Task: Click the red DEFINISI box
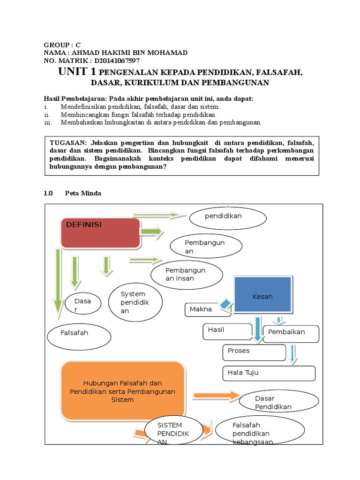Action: click(100, 232)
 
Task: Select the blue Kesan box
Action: click(262, 296)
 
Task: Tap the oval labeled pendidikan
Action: click(228, 217)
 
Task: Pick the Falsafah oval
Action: click(79, 337)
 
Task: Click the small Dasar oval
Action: click(82, 305)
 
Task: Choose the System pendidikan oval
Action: click(135, 302)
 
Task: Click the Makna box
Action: click(203, 309)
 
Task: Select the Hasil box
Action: click(227, 331)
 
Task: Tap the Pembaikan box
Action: click(291, 333)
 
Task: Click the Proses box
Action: click(254, 352)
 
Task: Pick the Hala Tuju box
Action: click(268, 373)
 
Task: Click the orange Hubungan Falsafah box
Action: click(122, 391)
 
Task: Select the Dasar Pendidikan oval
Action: click(273, 402)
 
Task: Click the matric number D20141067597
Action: click(117, 61)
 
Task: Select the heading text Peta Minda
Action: click(82, 193)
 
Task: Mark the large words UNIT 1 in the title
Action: click(77, 72)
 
